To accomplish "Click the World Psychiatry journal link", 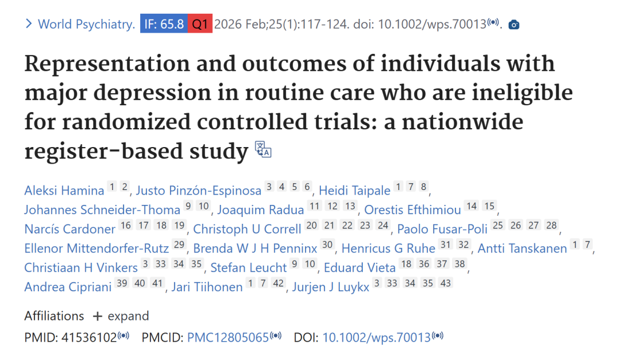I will pos(86,25).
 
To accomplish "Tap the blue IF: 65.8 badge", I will pos(164,25).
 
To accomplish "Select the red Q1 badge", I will pos(200,25).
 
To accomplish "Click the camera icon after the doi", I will pos(514,25).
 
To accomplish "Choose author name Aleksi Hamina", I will pos(64,191).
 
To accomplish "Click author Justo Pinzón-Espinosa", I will pos(199,191).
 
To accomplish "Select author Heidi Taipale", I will pos(354,191).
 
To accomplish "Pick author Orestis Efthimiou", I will pos(413,210).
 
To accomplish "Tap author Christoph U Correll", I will pos(247,230).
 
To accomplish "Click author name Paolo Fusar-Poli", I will pos(442,230).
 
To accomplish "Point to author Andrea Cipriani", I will pos(68,287).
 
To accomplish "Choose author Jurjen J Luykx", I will pos(331,287).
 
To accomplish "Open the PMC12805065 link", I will pos(228,338).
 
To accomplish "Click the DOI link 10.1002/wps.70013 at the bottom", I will pos(376,338).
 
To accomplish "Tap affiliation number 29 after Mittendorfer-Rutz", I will pos(179,246).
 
